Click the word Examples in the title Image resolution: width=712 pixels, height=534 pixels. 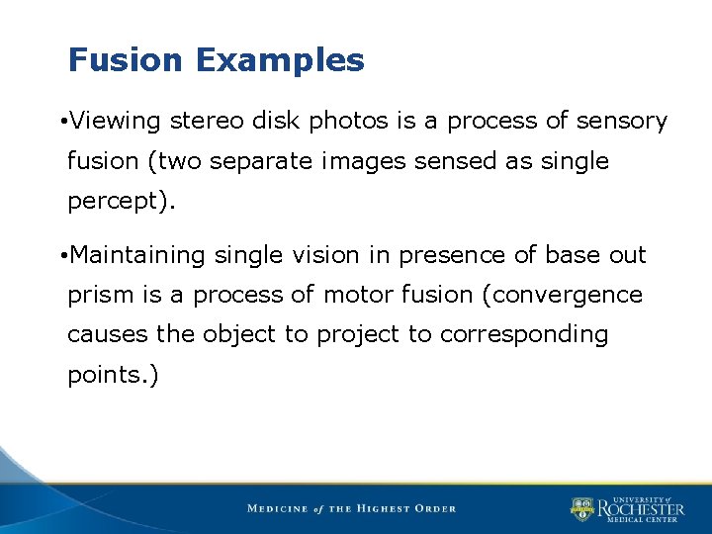[x=280, y=61]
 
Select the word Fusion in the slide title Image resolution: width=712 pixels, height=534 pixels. [x=127, y=61]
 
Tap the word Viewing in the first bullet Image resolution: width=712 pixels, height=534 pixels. [x=116, y=122]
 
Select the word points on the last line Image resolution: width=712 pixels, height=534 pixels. [x=100, y=375]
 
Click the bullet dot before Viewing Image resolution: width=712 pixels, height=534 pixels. [x=62, y=123]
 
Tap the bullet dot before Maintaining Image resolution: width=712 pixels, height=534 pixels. [x=62, y=256]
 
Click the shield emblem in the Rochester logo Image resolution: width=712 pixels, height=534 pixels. [x=581, y=509]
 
